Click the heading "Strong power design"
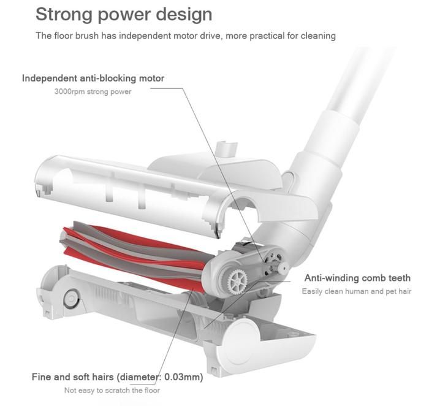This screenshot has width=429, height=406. click(x=124, y=15)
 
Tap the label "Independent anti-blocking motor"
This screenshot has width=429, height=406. click(x=93, y=79)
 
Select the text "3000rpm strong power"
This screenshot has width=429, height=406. click(x=93, y=91)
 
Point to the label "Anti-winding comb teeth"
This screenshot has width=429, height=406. click(x=357, y=278)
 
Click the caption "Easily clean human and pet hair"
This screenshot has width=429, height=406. click(x=357, y=291)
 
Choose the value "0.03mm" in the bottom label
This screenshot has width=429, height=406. click(x=183, y=377)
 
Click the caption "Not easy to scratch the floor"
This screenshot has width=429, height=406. click(x=112, y=390)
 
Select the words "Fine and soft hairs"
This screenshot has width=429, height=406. click(x=72, y=377)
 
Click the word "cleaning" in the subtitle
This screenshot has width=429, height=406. click(x=318, y=36)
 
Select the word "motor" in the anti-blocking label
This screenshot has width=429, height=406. click(x=151, y=79)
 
